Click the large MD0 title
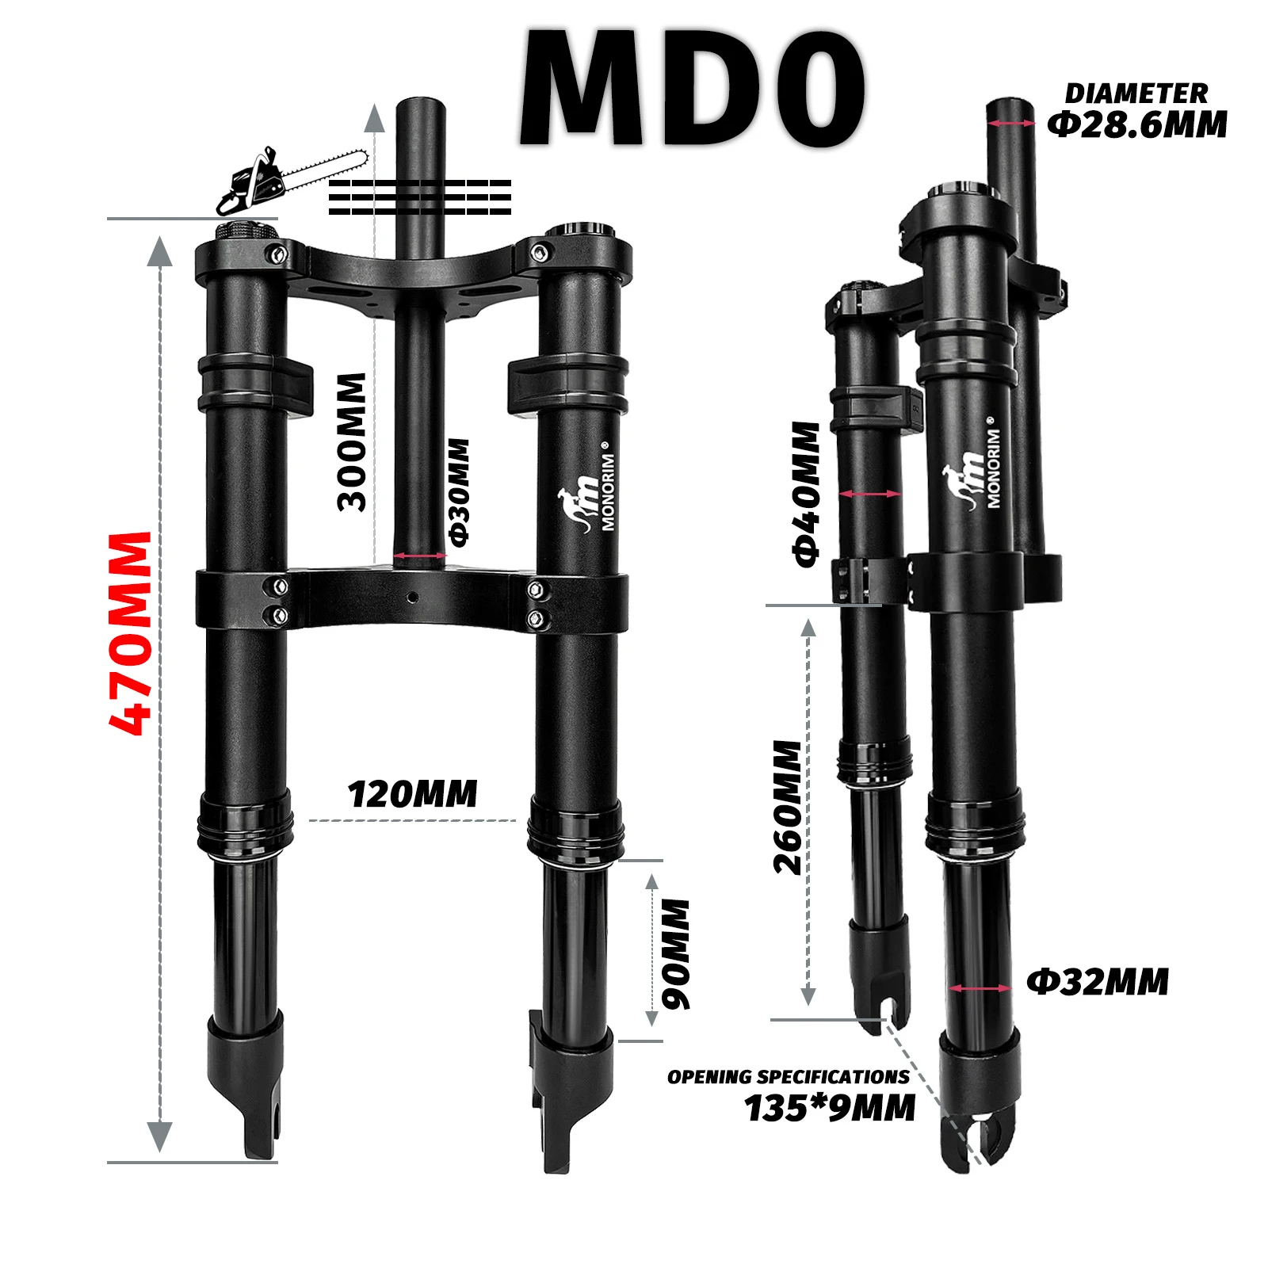[x=691, y=89]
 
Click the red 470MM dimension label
[x=130, y=633]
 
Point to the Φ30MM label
[x=459, y=492]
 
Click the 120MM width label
[x=413, y=794]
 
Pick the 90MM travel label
[x=676, y=954]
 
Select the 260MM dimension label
[x=788, y=808]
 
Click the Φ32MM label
[x=1098, y=982]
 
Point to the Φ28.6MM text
[x=1137, y=125]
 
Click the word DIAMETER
[x=1136, y=94]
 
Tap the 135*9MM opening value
[x=830, y=1108]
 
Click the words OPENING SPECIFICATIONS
[x=788, y=1077]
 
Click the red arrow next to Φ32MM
[x=980, y=988]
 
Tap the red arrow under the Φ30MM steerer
[x=419, y=556]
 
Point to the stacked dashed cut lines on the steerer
[x=419, y=197]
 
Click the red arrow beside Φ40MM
[x=869, y=494]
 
